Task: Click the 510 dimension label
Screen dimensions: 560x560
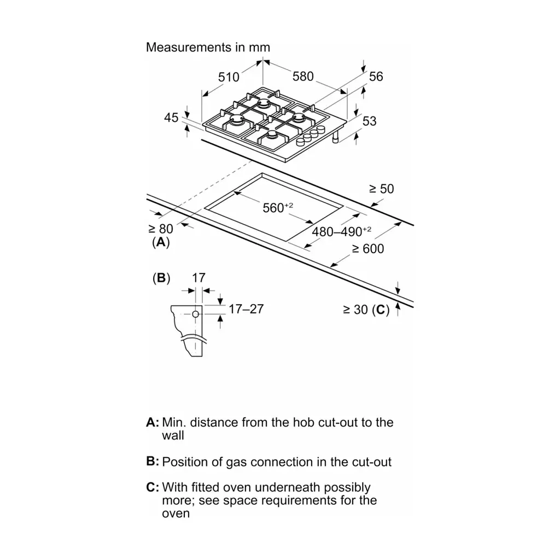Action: click(229, 77)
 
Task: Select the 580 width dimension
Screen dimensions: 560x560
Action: click(303, 77)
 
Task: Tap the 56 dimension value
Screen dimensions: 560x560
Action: click(376, 77)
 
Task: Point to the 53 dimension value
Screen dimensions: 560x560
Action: click(369, 121)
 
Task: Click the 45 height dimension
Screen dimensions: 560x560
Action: click(171, 118)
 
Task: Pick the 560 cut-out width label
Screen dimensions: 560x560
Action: click(278, 207)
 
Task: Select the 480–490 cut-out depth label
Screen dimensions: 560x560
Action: click(342, 231)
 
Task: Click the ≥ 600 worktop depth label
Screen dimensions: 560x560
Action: click(368, 249)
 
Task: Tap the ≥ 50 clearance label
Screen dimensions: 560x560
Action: click(381, 189)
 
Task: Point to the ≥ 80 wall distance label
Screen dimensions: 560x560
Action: click(161, 229)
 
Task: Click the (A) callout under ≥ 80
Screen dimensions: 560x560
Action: click(161, 242)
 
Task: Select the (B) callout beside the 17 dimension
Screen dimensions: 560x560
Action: click(161, 278)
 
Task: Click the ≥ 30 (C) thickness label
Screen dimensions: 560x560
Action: click(366, 310)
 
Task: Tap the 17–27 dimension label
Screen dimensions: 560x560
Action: click(246, 309)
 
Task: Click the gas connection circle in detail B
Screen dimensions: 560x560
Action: click(195, 314)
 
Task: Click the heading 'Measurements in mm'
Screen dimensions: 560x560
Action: click(208, 47)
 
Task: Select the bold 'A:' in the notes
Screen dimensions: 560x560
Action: click(153, 423)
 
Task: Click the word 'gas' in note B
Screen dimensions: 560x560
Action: click(236, 463)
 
